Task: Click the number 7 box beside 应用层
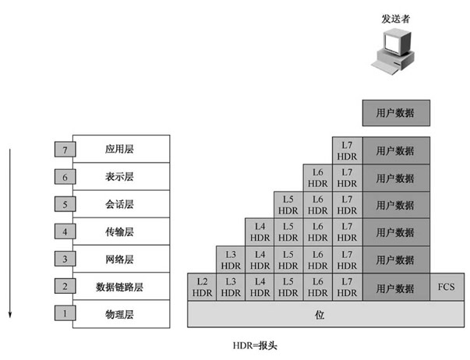65,150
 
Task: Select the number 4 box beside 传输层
65,231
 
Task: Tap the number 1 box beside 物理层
65,313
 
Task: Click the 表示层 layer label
119,177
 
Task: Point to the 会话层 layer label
119,204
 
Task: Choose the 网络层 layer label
119,259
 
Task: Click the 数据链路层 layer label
119,287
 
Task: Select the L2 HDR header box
202,287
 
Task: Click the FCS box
447,287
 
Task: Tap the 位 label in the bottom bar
320,315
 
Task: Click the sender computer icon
394,51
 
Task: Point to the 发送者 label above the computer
395,19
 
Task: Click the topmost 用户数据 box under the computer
396,113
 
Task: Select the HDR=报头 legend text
255,346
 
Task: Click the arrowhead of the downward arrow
10,315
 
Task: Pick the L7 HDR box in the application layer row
347,150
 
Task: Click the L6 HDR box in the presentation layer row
318,178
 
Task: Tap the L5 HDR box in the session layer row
288,205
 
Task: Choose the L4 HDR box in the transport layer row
260,232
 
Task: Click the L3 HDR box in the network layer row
231,260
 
